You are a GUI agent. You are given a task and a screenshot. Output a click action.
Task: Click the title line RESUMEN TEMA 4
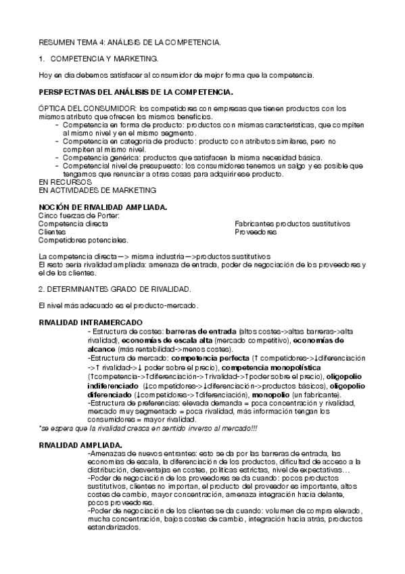(129, 43)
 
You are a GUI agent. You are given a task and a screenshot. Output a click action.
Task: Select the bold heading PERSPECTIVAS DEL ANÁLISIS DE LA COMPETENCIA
(136, 91)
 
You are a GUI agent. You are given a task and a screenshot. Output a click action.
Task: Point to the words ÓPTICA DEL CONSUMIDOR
(87, 108)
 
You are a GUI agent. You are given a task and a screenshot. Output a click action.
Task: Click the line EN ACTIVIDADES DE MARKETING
(87, 190)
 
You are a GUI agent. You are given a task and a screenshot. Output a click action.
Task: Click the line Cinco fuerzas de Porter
(78, 215)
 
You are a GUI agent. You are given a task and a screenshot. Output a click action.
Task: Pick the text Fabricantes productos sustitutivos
(292, 223)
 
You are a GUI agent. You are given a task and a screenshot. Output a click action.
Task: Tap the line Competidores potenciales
(84, 240)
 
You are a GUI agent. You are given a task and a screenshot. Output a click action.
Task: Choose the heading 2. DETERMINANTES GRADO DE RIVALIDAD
(115, 289)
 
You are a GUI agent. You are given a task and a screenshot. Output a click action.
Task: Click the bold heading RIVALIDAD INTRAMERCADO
(91, 322)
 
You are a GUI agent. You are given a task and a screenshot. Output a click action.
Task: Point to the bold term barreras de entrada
(206, 331)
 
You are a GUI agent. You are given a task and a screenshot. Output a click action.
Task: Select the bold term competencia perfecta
(210, 355)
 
